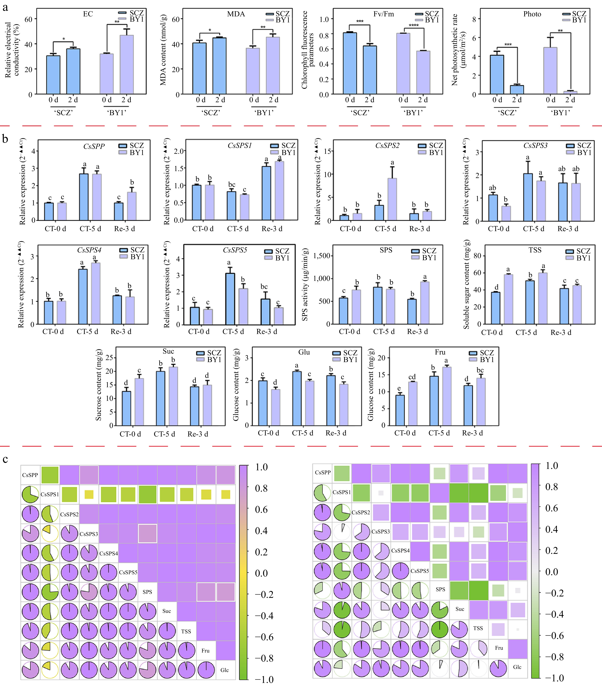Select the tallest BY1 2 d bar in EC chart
(x=127, y=64)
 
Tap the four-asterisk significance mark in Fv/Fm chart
(x=414, y=25)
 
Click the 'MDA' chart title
(x=236, y=14)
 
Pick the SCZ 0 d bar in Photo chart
(x=497, y=75)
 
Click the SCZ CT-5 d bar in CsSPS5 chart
(x=230, y=299)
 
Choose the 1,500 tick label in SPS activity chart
(x=322, y=256)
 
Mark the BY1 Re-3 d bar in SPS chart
(x=425, y=303)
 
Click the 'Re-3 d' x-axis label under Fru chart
(x=472, y=433)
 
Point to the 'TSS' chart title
(x=535, y=250)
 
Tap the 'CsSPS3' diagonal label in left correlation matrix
(x=89, y=534)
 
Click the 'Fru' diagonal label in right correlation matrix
(x=499, y=648)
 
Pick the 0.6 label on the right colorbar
(x=552, y=508)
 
